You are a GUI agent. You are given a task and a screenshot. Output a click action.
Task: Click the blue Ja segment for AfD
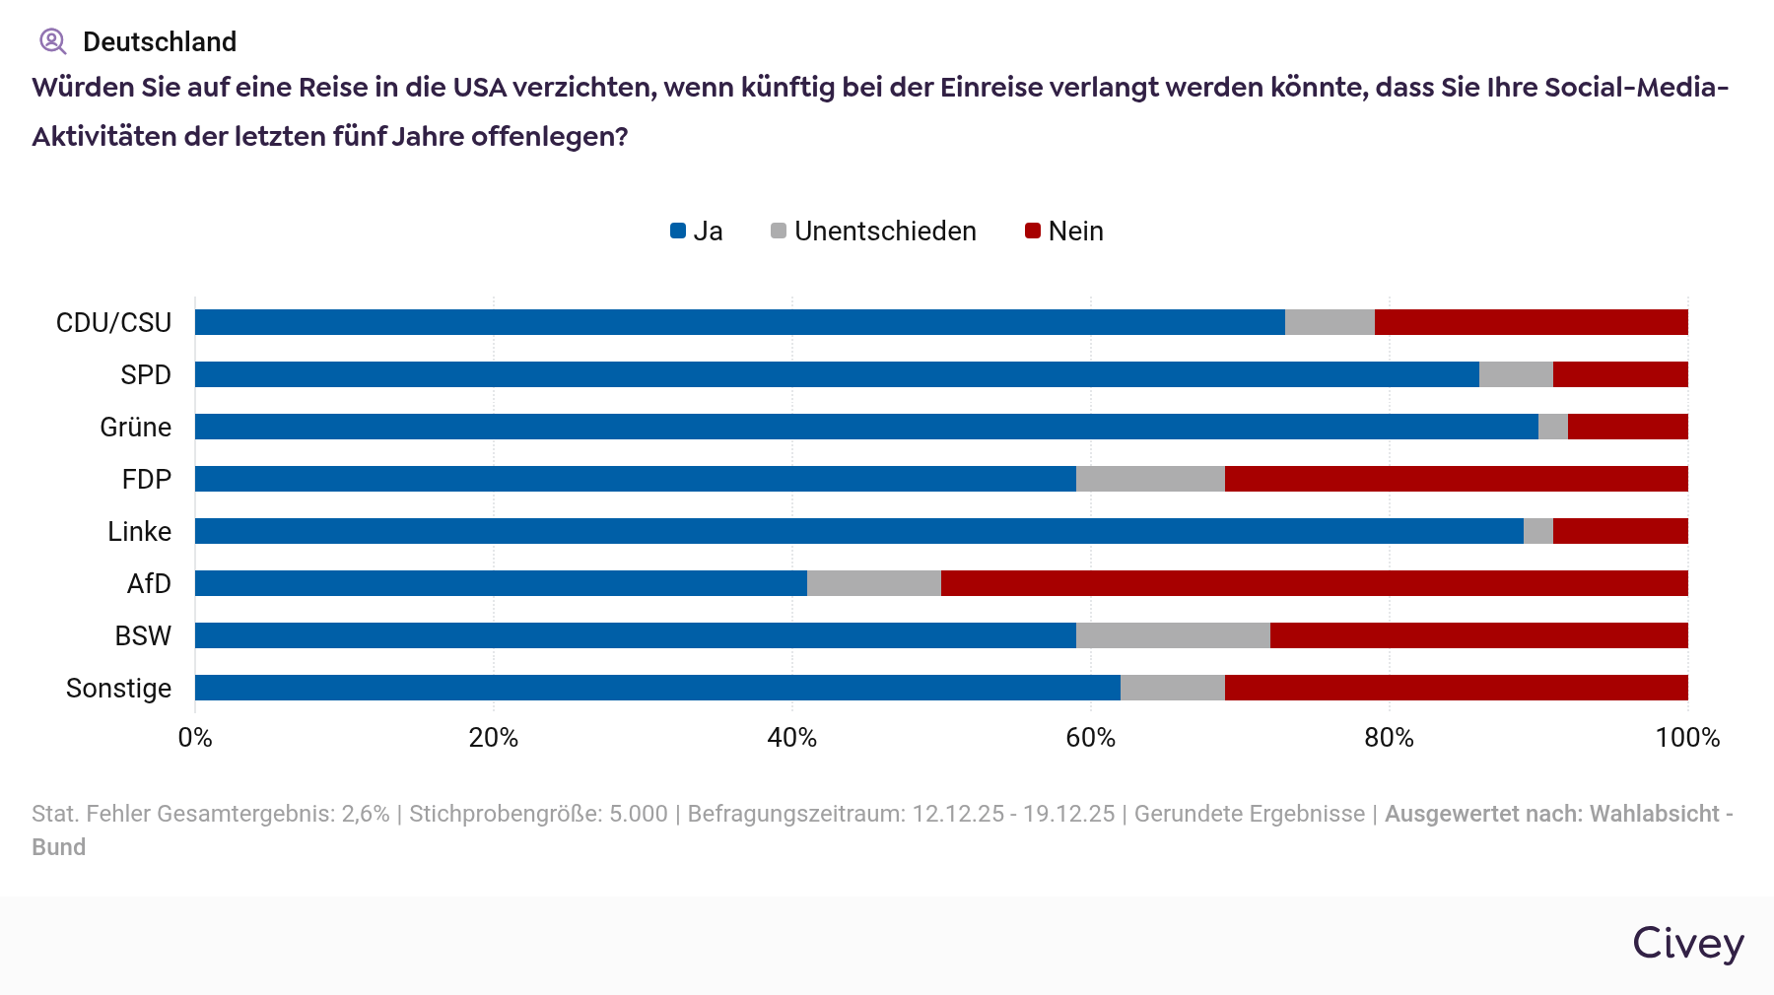tap(501, 583)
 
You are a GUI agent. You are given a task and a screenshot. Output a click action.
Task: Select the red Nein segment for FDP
tap(1456, 479)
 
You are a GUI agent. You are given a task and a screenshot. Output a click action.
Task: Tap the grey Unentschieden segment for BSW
tap(1173, 635)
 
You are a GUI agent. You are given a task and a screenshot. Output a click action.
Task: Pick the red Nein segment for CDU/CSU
tap(1531, 322)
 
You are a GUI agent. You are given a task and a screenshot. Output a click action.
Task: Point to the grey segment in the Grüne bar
tap(1552, 427)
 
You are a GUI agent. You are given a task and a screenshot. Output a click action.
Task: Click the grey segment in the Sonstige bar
tap(1172, 688)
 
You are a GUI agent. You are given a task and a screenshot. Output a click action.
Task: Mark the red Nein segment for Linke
tap(1620, 531)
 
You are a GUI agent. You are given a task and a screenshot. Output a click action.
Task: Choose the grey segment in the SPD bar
tap(1516, 374)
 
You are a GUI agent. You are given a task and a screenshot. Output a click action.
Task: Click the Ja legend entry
tap(697, 232)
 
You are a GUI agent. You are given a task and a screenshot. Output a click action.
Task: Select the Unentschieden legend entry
tap(873, 232)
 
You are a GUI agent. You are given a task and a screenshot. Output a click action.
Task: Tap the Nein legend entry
tap(1064, 232)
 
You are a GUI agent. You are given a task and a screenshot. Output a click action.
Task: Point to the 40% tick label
tap(792, 738)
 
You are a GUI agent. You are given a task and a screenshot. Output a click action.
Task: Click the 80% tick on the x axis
tap(1389, 738)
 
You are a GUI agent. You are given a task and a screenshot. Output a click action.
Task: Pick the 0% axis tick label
tap(195, 738)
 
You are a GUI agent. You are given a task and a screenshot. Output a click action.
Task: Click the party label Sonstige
tap(118, 688)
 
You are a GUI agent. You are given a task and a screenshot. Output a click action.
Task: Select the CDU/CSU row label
tap(113, 322)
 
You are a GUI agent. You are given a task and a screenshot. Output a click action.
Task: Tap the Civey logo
tap(1687, 944)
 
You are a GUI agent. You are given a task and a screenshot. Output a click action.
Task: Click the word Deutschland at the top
tap(160, 41)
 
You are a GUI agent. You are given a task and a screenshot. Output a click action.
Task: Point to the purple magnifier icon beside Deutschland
tap(52, 41)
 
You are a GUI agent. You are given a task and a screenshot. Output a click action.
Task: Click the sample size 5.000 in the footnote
tap(638, 814)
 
